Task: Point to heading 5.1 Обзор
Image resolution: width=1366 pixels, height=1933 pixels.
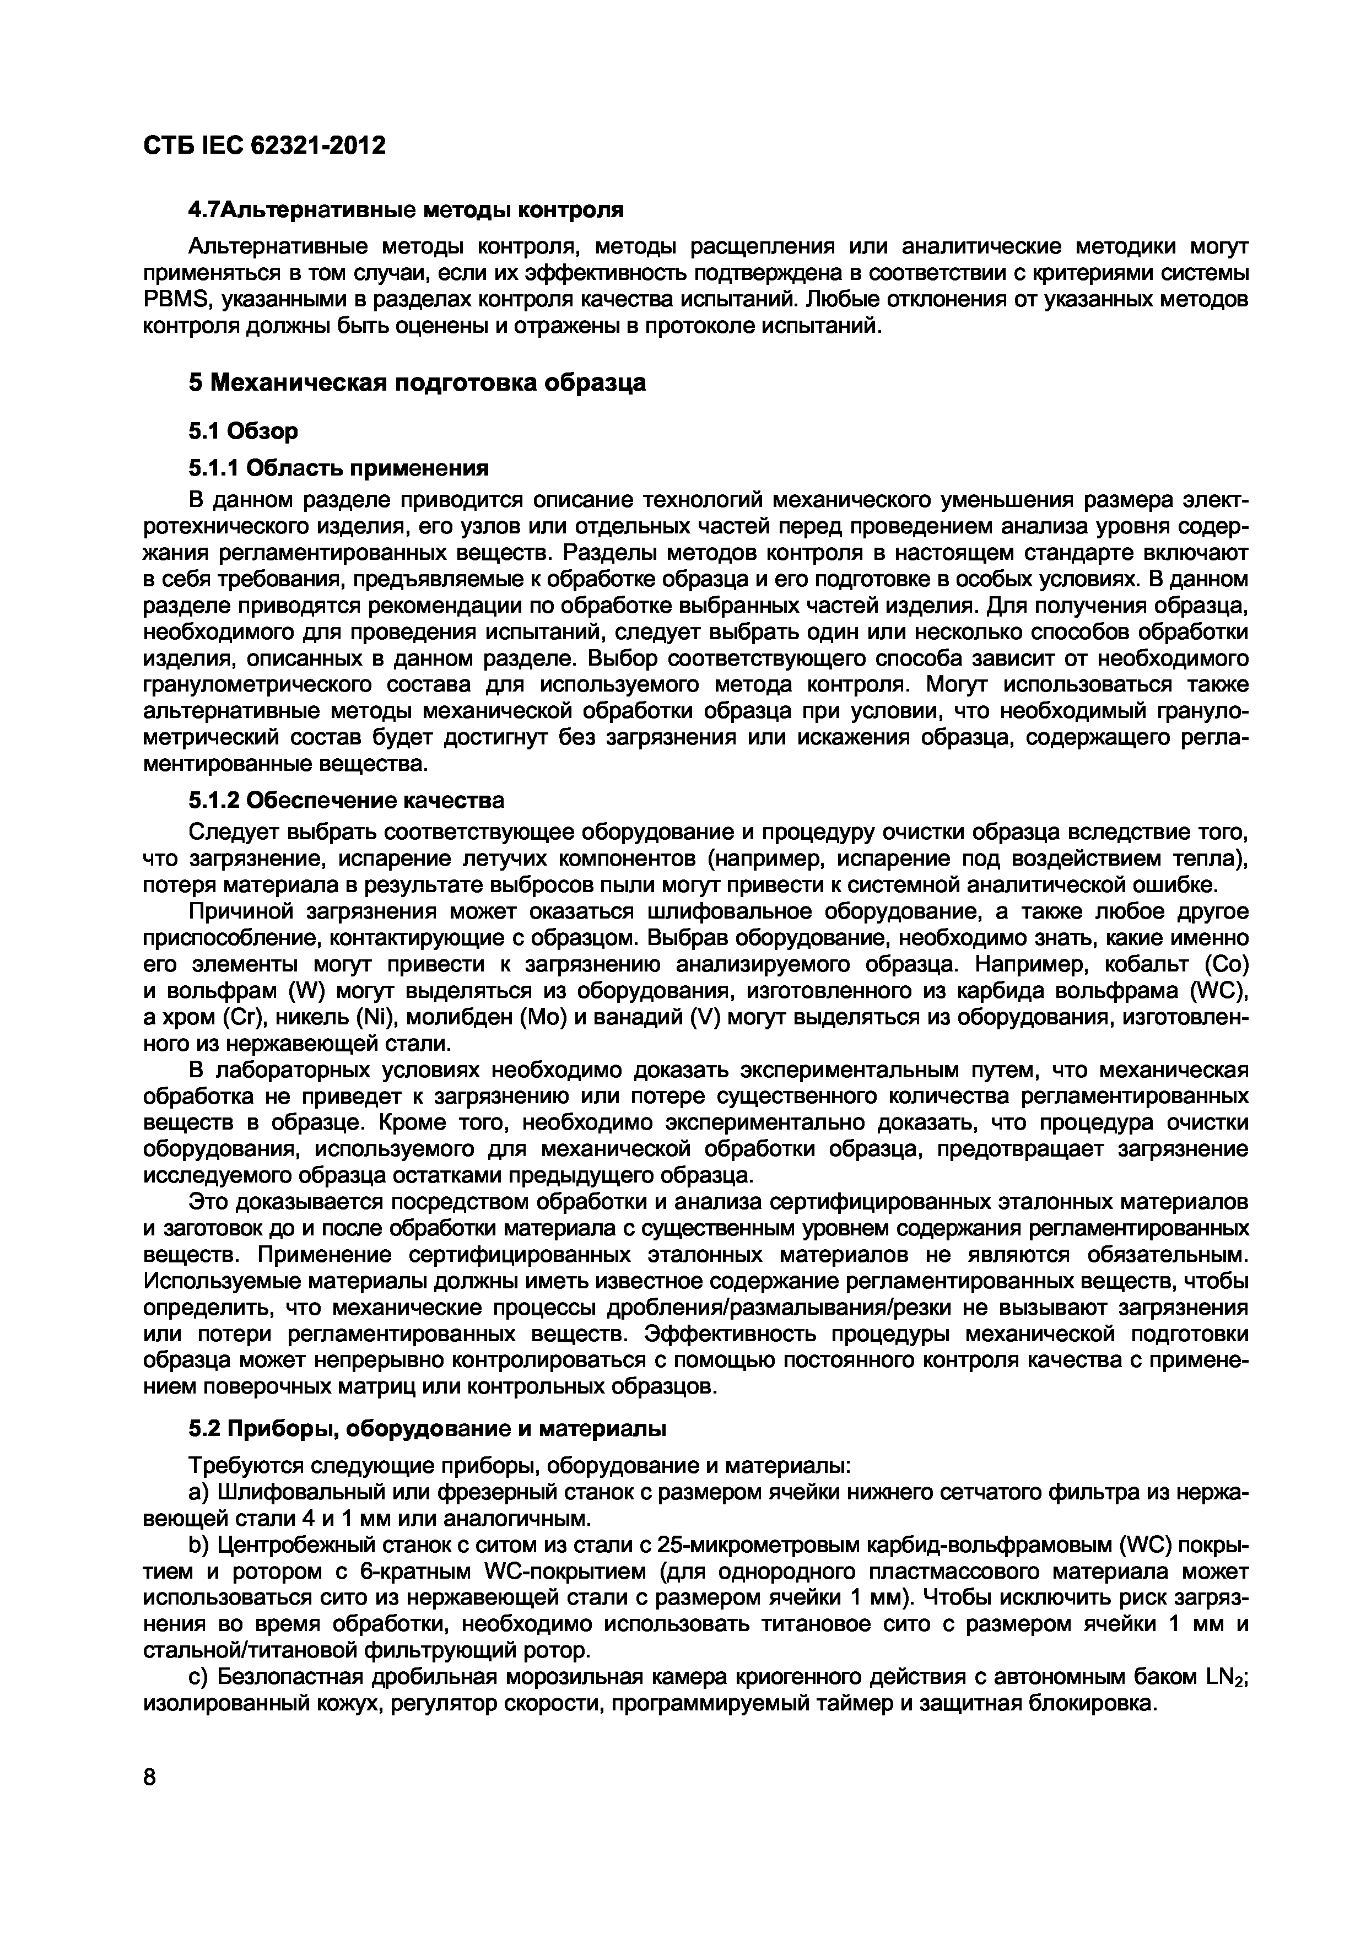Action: pos(242,432)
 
